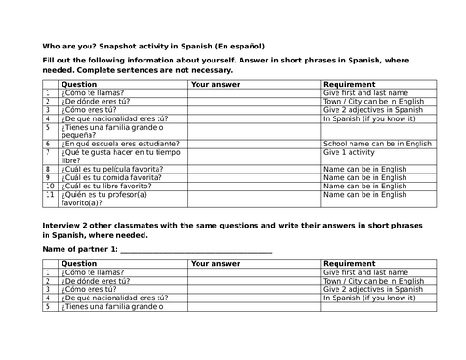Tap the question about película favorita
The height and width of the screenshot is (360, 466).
(x=112, y=169)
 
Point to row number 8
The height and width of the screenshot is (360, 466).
(x=48, y=169)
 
